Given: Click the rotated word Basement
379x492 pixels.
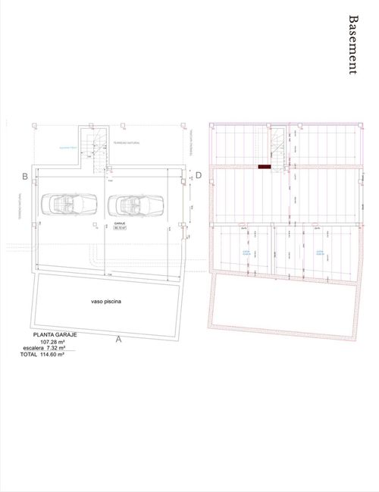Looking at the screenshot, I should (352, 45).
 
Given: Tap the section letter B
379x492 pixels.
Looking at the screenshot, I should (25, 177).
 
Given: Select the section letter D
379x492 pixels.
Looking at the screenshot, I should (199, 176).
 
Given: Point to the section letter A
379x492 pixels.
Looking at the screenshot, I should (119, 340).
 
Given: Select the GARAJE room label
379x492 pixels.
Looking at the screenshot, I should (120, 225).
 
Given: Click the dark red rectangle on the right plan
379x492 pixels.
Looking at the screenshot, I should (265, 166).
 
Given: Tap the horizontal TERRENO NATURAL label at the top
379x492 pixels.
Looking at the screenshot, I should (127, 143).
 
